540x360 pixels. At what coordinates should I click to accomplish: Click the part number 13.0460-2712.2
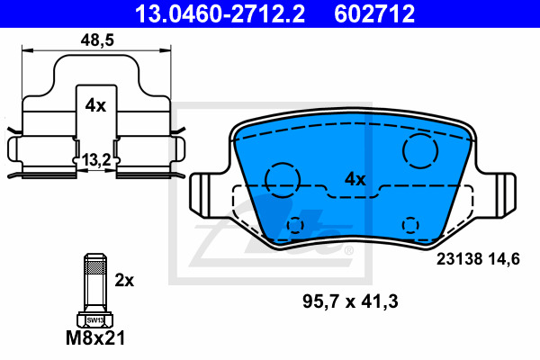pos(220,13)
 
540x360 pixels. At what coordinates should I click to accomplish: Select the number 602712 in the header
pos(374,13)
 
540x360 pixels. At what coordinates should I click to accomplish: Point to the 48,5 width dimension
pos(97,40)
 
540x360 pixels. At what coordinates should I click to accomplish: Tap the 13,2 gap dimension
pos(96,160)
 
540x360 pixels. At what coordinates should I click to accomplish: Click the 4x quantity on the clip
pos(95,105)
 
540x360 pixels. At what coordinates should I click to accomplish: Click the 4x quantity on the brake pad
pos(355,179)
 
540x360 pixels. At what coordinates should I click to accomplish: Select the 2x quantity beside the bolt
pos(124,281)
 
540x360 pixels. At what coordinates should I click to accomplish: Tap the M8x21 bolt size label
pos(95,338)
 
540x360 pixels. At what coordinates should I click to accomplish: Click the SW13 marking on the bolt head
pos(94,320)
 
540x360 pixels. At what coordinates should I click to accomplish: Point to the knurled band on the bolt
pos(95,267)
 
